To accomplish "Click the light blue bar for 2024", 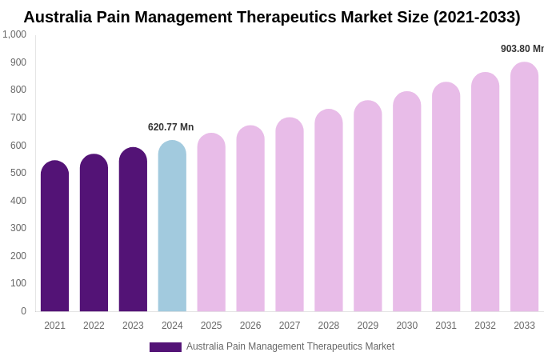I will pos(172,228).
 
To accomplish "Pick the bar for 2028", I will pos(328,212).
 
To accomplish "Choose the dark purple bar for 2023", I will pos(133,230).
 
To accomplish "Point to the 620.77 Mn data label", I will pos(170,127).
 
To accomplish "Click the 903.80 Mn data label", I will pos(522,49).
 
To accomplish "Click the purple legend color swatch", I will pos(165,347).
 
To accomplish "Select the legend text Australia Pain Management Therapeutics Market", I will pos(290,346).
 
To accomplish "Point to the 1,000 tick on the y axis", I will pos(14,34).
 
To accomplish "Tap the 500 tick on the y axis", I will pos(18,173).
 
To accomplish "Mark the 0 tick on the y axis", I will pos(23,311).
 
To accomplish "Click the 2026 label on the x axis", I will pos(250,326).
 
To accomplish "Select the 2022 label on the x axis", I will pos(94,326).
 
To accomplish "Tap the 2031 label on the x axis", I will pos(446,326).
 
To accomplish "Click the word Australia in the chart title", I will pos(62,17).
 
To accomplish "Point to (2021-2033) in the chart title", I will pos(477,17).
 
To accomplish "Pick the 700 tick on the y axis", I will pos(18,118).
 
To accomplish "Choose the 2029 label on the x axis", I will pos(367,326).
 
